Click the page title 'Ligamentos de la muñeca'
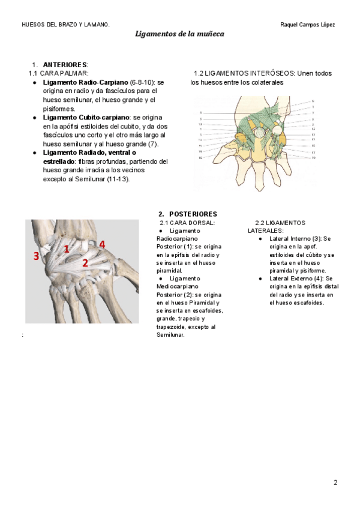[179, 34]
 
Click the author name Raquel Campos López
[307, 25]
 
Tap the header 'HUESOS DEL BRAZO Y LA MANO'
[65, 25]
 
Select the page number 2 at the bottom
[335, 483]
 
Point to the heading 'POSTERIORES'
[193, 214]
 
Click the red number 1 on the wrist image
[67, 248]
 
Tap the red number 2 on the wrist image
[85, 262]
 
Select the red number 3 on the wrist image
[37, 256]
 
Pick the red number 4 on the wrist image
[103, 244]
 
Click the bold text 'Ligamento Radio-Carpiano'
[85, 81]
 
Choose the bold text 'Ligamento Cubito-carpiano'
[86, 118]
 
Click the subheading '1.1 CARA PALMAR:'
[58, 73]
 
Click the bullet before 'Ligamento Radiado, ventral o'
[35, 153]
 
